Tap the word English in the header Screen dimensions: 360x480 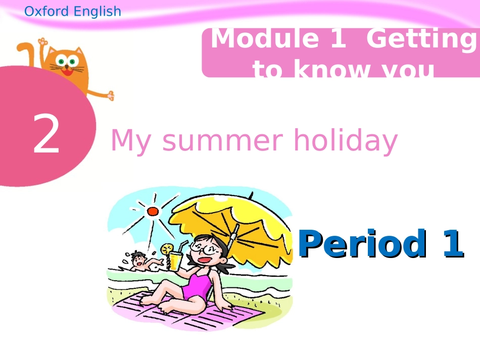pyautogui.click(x=98, y=11)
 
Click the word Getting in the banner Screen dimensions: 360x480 pyautogui.click(x=422, y=39)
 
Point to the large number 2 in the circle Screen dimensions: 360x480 pyautogui.click(x=46, y=135)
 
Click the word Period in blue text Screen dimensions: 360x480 pyautogui.click(x=361, y=244)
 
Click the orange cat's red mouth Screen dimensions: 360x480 pyautogui.click(x=67, y=71)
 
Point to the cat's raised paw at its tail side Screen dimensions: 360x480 pyautogui.click(x=42, y=41)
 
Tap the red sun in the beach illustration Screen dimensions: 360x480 pyautogui.click(x=153, y=211)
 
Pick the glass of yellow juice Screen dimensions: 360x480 pyautogui.click(x=175, y=261)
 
